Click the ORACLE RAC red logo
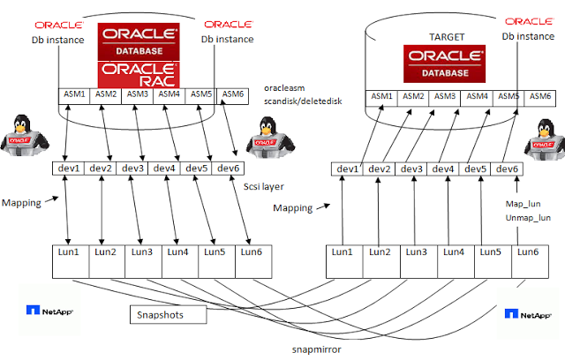[137, 72]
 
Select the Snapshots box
[168, 314]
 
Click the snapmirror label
[316, 349]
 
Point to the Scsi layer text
[266, 186]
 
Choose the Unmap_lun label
[528, 218]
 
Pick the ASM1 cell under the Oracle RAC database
[73, 94]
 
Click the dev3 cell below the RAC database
[133, 169]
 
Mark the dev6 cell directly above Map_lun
[508, 169]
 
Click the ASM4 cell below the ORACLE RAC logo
[169, 94]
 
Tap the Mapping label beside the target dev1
[292, 208]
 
